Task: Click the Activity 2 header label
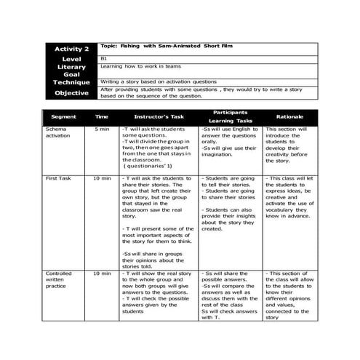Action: click(x=71, y=49)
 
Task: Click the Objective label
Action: click(x=71, y=93)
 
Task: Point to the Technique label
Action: click(x=71, y=83)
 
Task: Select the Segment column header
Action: click(x=63, y=116)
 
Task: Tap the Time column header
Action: click(x=102, y=116)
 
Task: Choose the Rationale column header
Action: click(x=289, y=116)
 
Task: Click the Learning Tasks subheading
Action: click(x=230, y=121)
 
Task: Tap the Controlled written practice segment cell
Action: click(x=60, y=280)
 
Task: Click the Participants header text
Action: click(x=230, y=112)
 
